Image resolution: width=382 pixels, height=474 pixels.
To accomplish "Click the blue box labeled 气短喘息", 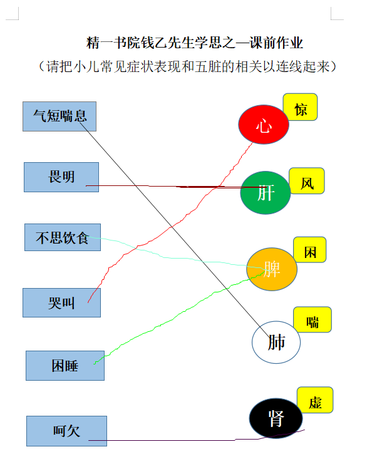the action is click(59, 116).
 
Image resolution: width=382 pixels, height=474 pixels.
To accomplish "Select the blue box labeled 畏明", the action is click(61, 177).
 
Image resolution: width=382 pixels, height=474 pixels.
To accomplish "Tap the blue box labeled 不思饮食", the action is click(63, 237).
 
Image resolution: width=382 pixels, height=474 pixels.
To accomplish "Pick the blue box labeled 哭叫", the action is click(61, 302).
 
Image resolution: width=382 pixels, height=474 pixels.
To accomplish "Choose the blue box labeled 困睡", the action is click(65, 366).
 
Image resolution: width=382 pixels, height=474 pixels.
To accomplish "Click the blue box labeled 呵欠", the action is click(66, 431).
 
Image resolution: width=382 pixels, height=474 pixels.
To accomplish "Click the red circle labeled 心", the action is click(264, 125).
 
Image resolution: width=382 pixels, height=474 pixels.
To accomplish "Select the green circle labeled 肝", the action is click(266, 193).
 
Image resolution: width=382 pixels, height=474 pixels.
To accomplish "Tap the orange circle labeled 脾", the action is click(272, 269).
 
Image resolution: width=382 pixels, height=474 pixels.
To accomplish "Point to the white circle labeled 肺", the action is click(276, 343).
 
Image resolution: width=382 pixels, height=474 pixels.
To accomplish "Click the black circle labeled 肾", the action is click(276, 418).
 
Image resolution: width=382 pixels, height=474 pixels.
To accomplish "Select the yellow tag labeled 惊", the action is click(300, 107).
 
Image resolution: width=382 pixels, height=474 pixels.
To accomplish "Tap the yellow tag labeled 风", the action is click(307, 181).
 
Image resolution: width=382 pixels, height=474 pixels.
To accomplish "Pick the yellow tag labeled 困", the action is click(310, 250).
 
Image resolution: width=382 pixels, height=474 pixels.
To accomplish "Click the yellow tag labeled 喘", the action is click(312, 319).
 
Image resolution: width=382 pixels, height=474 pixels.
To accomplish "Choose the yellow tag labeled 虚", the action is click(315, 400).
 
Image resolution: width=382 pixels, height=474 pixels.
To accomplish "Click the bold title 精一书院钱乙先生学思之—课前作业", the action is click(194, 43).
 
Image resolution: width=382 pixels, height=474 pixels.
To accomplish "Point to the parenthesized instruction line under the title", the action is click(187, 66).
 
